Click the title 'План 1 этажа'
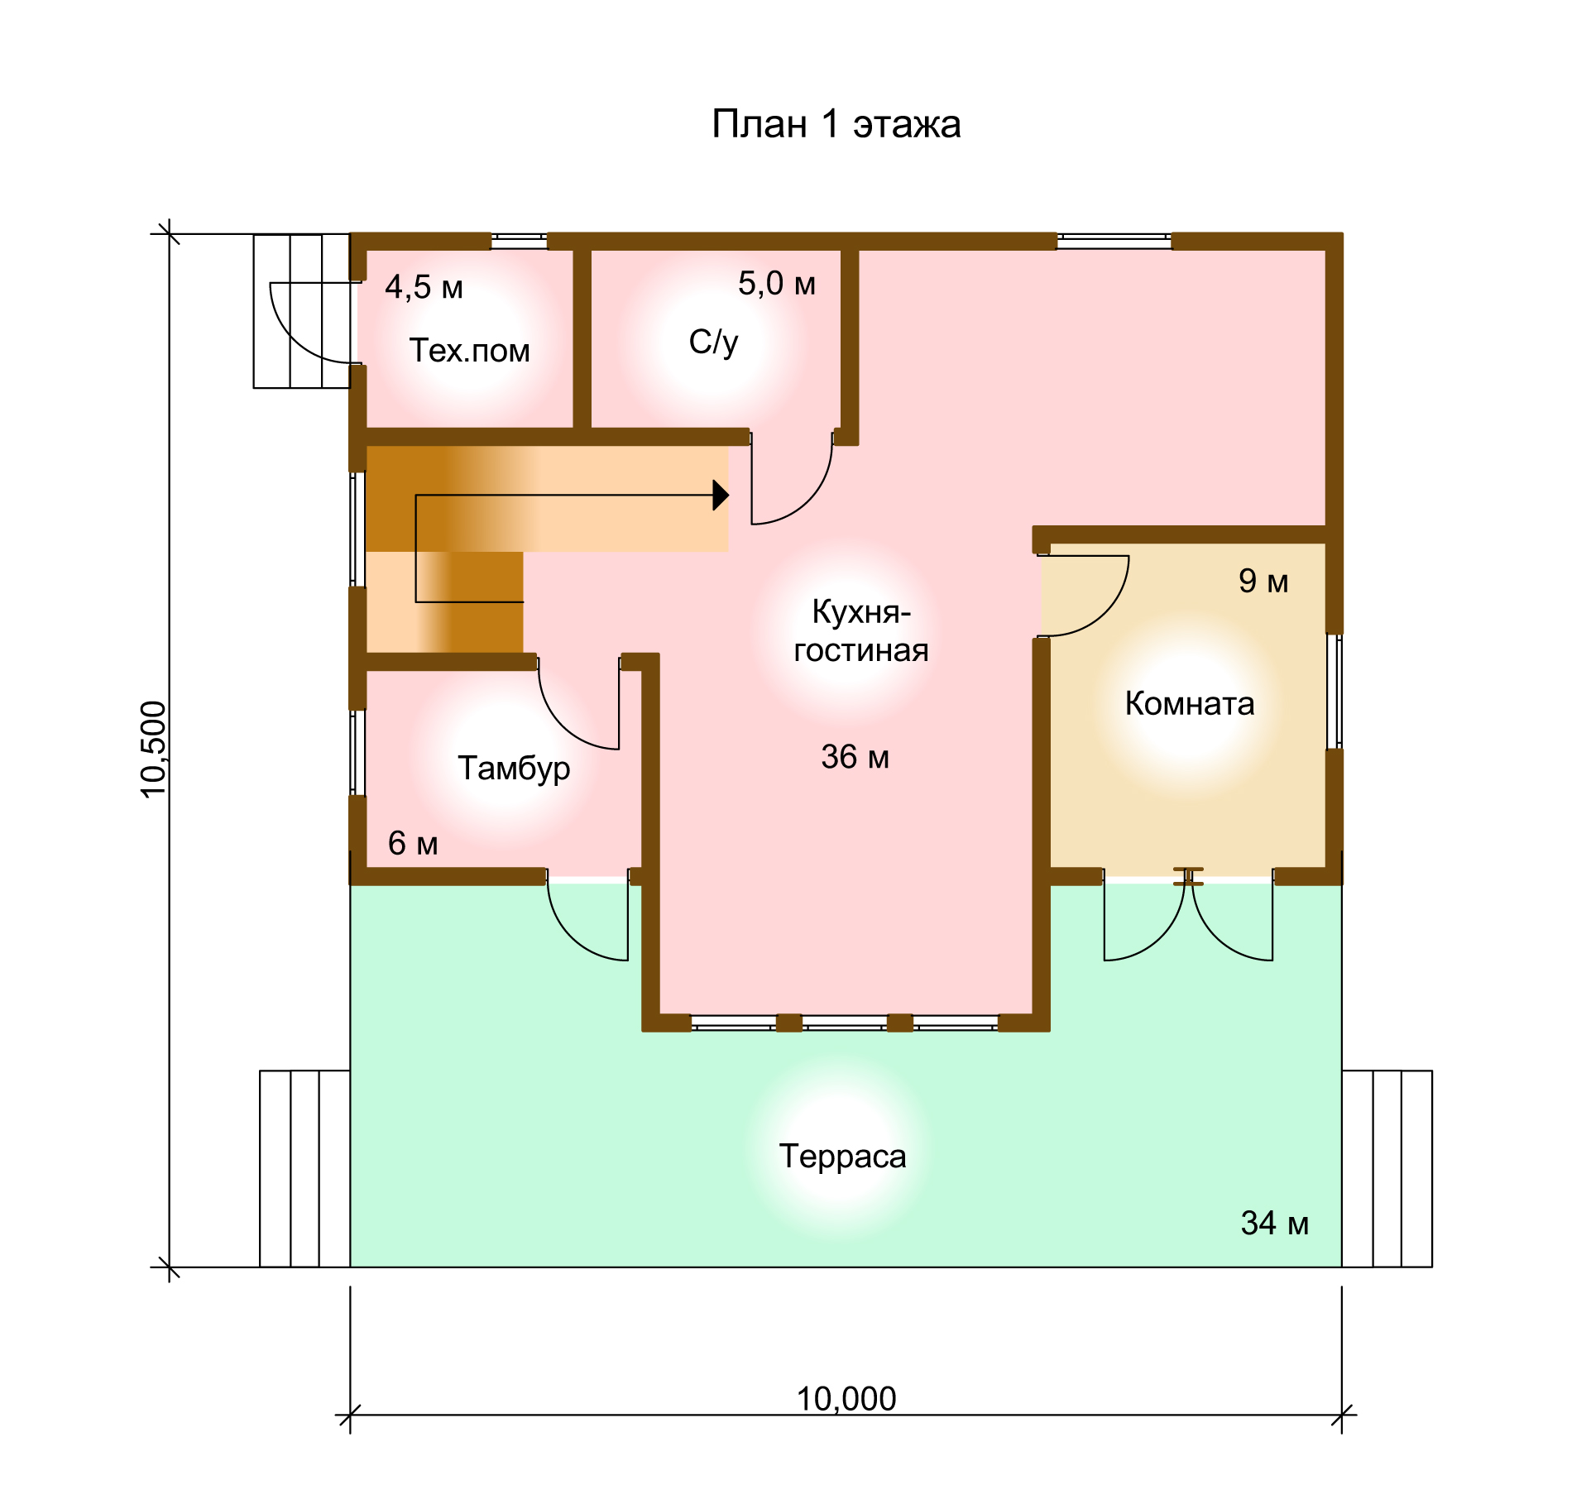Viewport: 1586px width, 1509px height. (x=836, y=125)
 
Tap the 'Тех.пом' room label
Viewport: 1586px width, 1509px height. (x=469, y=351)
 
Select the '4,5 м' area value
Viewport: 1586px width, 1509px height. (x=424, y=287)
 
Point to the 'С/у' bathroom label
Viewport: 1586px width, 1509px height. (x=713, y=342)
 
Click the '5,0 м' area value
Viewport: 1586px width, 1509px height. (x=777, y=284)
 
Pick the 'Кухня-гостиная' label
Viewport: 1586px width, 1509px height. (x=861, y=630)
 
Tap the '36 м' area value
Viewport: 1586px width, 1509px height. (x=855, y=757)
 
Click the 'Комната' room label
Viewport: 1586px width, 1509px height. (x=1190, y=703)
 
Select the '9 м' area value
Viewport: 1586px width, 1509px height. (x=1263, y=581)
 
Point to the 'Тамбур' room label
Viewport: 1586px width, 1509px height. (x=514, y=769)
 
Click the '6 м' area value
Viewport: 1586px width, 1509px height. (x=413, y=843)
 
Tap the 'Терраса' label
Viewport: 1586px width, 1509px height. (x=842, y=1157)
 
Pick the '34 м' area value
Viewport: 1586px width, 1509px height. (x=1274, y=1223)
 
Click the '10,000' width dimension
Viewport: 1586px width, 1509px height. (x=846, y=1399)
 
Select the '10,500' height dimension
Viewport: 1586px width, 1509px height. (x=154, y=750)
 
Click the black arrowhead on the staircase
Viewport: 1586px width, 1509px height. (x=721, y=496)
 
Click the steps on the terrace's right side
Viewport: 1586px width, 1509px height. (x=1387, y=1169)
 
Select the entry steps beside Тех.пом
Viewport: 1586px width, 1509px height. (x=302, y=311)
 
